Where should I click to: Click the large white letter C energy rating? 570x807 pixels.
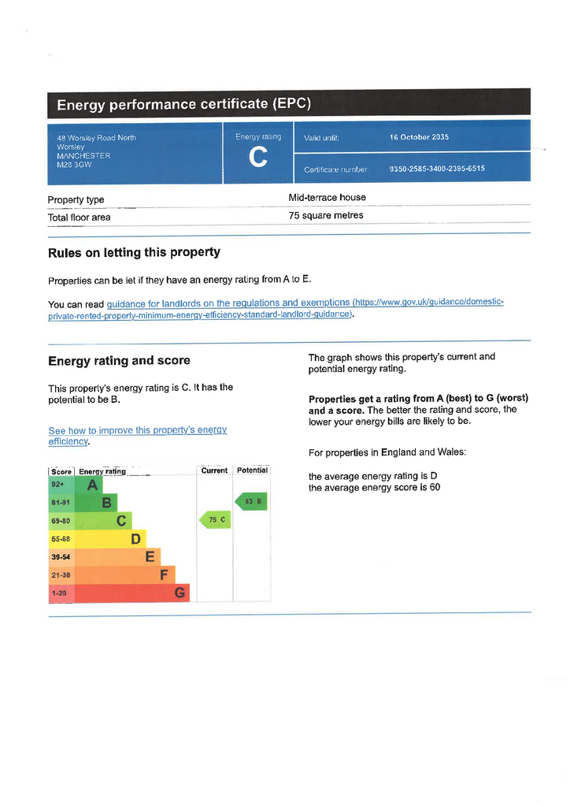tap(257, 158)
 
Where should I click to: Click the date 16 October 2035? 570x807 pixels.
tap(419, 137)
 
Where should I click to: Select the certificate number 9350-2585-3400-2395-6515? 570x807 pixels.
tap(437, 169)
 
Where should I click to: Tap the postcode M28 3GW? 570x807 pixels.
tap(74, 164)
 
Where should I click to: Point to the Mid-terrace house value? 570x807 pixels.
tap(327, 197)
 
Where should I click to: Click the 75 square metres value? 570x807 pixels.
tap(326, 215)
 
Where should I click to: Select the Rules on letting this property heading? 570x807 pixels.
tap(134, 253)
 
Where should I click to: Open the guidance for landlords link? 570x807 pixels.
tap(228, 303)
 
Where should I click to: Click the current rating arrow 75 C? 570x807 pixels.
tap(215, 520)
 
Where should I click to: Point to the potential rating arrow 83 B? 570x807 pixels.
tap(252, 501)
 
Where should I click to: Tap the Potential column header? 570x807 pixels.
tap(252, 470)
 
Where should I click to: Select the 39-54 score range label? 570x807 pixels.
tap(61, 557)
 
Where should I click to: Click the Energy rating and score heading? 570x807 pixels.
tap(119, 361)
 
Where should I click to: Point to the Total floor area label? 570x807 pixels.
tap(79, 218)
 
